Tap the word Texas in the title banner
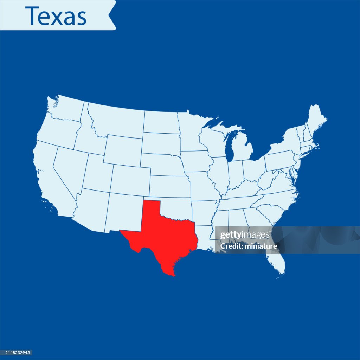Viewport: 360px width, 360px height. tap(56, 16)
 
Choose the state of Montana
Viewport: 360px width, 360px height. tap(116, 120)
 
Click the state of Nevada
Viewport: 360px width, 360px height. tap(69, 169)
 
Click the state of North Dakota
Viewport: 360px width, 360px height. tap(161, 122)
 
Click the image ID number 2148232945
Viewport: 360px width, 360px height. tap(17, 353)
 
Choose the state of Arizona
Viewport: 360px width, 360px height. tap(90, 209)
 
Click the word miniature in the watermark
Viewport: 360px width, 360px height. tap(261, 246)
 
